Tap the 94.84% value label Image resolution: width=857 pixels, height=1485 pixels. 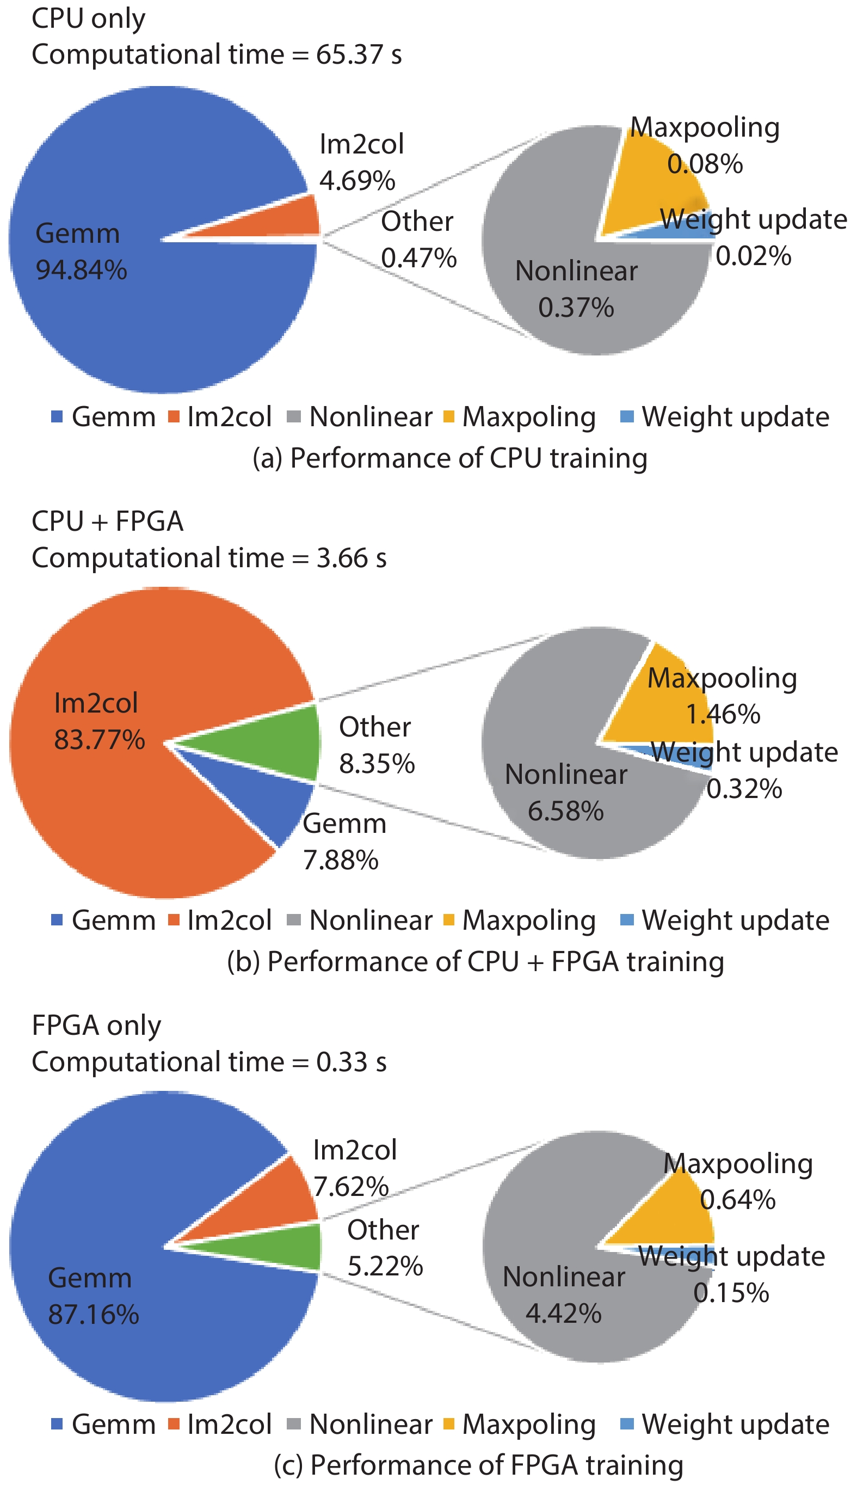click(x=81, y=270)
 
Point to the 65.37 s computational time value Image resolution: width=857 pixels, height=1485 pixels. click(x=359, y=55)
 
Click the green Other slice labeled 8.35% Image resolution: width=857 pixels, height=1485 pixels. click(x=282, y=743)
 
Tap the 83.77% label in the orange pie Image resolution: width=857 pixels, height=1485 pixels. click(x=100, y=740)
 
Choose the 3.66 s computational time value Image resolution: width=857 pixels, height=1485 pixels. click(x=352, y=558)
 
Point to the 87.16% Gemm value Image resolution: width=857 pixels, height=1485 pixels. click(x=94, y=1314)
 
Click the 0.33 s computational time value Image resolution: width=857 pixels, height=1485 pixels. click(x=352, y=1061)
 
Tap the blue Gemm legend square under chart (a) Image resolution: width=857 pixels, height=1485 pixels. click(x=57, y=417)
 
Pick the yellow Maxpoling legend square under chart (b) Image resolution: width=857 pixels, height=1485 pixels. click(x=448, y=920)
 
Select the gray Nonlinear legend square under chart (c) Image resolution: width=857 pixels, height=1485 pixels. click(x=294, y=1424)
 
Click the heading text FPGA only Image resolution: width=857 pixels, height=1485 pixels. click(x=96, y=1025)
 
